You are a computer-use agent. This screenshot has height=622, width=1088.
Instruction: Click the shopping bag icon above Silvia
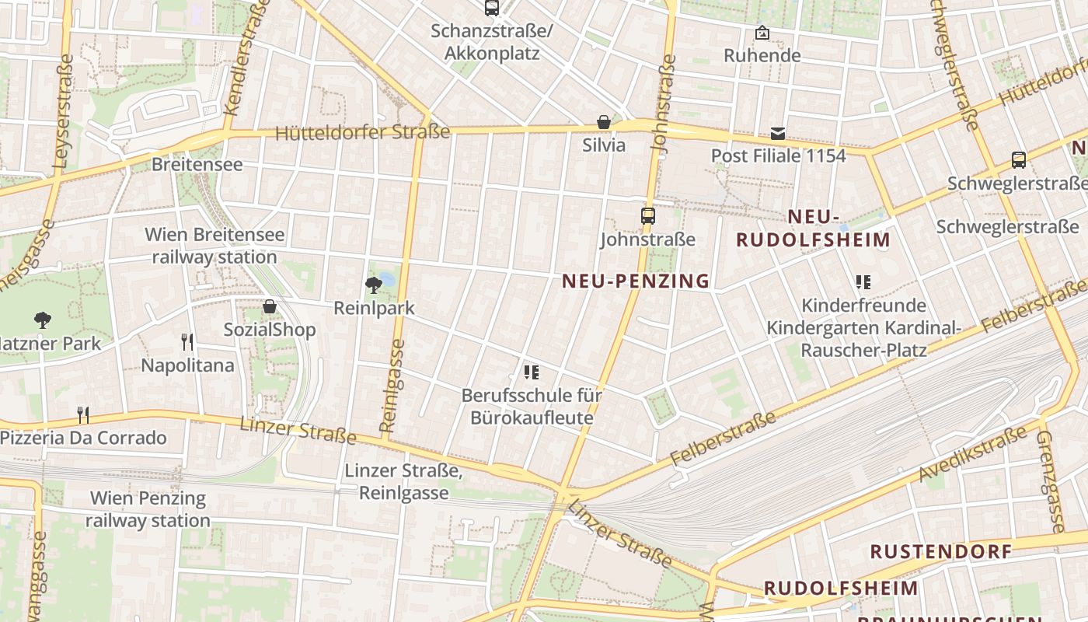pyautogui.click(x=604, y=122)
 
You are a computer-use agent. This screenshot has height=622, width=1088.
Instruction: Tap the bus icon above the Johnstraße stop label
pyautogui.click(x=647, y=215)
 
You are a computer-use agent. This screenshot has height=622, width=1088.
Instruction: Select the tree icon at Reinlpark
pyautogui.click(x=374, y=285)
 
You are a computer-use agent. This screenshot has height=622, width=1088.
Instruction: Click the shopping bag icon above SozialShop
pyautogui.click(x=270, y=306)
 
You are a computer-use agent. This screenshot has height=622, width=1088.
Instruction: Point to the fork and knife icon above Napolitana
pyautogui.click(x=187, y=341)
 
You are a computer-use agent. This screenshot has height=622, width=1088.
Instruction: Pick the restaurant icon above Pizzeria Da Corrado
pyautogui.click(x=83, y=414)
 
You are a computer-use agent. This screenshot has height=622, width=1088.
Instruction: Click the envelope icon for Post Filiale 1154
pyautogui.click(x=778, y=133)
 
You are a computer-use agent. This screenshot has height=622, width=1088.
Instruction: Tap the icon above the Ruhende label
pyautogui.click(x=762, y=33)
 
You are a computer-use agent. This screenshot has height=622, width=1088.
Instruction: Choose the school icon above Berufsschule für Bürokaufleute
pyautogui.click(x=532, y=372)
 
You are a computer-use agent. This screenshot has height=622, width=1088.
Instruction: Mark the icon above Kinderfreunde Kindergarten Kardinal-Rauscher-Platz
pyautogui.click(x=863, y=281)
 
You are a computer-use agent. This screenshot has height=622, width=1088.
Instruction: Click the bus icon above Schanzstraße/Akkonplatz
pyautogui.click(x=491, y=8)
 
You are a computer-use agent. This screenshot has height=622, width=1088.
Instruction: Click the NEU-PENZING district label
pyautogui.click(x=636, y=281)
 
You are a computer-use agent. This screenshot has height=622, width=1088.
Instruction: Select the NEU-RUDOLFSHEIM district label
pyautogui.click(x=814, y=228)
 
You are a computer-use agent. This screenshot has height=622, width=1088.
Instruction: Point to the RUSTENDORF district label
pyautogui.click(x=940, y=552)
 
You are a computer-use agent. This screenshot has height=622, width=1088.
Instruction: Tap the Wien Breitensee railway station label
pyautogui.click(x=214, y=246)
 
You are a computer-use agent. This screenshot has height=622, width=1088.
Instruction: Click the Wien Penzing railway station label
pyautogui.click(x=148, y=509)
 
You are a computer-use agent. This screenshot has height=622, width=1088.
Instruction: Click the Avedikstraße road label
pyautogui.click(x=972, y=454)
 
